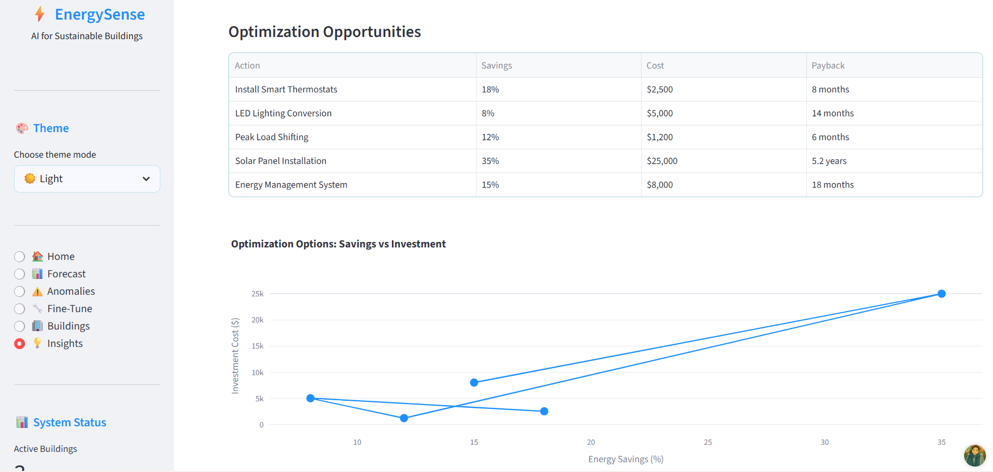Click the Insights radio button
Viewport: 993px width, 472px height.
(x=20, y=344)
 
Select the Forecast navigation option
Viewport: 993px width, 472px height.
(x=20, y=274)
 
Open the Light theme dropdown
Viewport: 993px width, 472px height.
(x=87, y=179)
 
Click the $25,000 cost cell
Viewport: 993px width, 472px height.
(x=662, y=161)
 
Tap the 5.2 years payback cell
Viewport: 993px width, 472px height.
(x=829, y=161)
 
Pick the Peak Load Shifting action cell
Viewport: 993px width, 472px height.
(x=272, y=137)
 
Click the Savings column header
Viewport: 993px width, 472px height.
(x=497, y=65)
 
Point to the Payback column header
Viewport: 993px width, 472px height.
(x=828, y=65)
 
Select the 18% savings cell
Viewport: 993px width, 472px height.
(x=490, y=89)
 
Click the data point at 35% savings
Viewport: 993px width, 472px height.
(x=941, y=294)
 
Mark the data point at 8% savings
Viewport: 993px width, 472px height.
(x=310, y=398)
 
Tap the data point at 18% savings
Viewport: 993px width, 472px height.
(x=544, y=411)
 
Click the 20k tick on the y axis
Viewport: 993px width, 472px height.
(x=258, y=320)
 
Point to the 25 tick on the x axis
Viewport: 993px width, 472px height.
(x=708, y=442)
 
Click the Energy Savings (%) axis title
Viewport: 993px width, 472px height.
(x=626, y=459)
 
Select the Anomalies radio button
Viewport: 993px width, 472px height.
(x=20, y=291)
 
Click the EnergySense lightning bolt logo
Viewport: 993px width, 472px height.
(x=40, y=14)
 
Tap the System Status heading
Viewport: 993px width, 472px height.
(x=70, y=423)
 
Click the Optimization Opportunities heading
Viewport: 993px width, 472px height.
(x=324, y=32)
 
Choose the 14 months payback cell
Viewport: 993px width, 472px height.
(x=833, y=113)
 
